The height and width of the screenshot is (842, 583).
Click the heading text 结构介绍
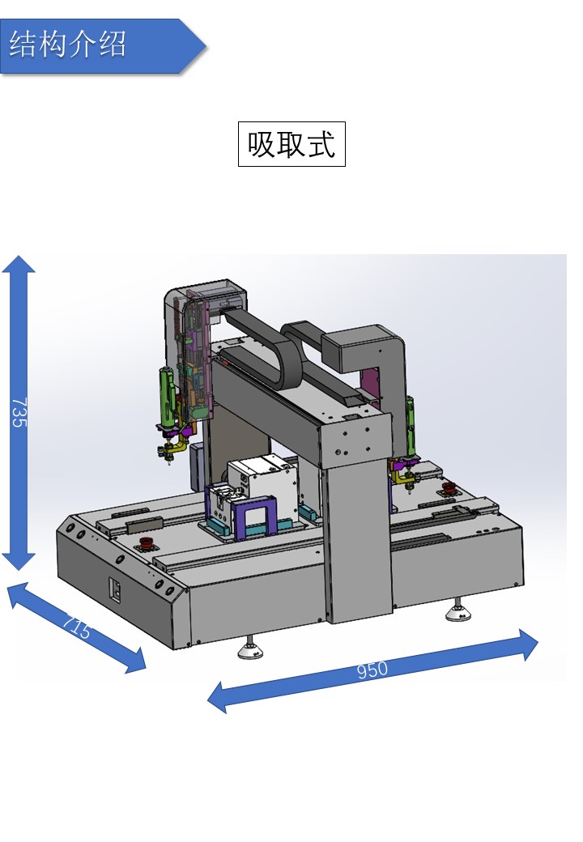[68, 44]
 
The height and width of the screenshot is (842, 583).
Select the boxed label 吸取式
[291, 144]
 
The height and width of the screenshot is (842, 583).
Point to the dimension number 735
[19, 412]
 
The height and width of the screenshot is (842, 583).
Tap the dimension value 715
[76, 627]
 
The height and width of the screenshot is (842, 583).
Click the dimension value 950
[372, 670]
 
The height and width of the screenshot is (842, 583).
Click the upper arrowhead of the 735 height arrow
[19, 264]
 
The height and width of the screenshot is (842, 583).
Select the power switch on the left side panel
[116, 589]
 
